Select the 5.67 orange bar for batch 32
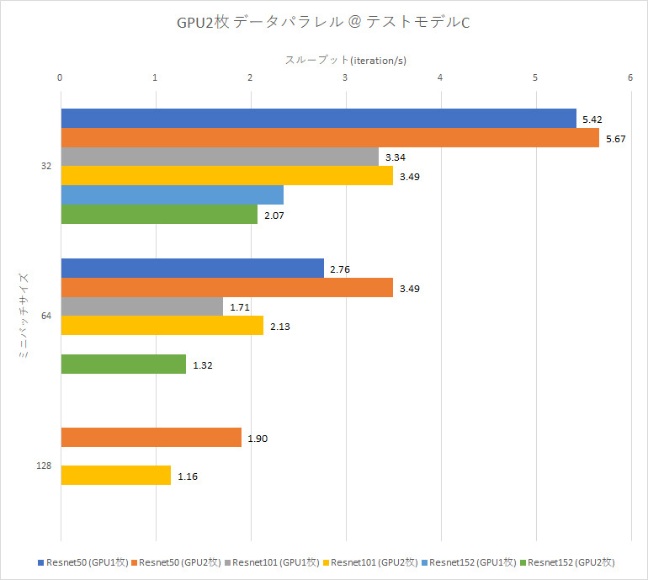point(329,138)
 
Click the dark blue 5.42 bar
point(318,119)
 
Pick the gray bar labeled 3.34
point(219,157)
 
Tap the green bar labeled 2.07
point(159,215)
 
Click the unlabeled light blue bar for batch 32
point(172,195)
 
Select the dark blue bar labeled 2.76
point(192,269)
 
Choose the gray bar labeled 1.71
point(141,306)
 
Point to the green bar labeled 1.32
point(123,364)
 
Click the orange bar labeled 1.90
point(151,439)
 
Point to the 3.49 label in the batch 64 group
point(411,289)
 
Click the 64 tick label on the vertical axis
point(46,316)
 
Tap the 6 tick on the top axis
point(629,78)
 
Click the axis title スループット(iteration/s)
point(346,60)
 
